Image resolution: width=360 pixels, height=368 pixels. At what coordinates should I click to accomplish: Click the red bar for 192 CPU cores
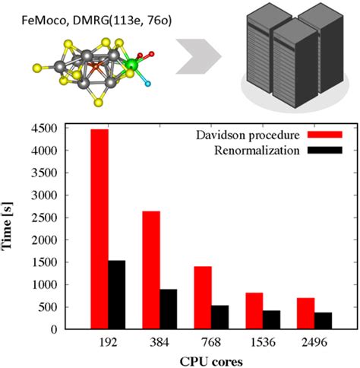(99, 228)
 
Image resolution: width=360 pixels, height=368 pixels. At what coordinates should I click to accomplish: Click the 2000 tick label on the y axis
(49, 240)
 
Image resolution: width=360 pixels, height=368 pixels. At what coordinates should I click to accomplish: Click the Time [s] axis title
(13, 228)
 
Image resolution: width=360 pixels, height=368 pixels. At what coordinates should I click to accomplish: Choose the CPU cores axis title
(207, 360)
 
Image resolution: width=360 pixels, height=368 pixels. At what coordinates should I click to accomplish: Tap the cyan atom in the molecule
(149, 81)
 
